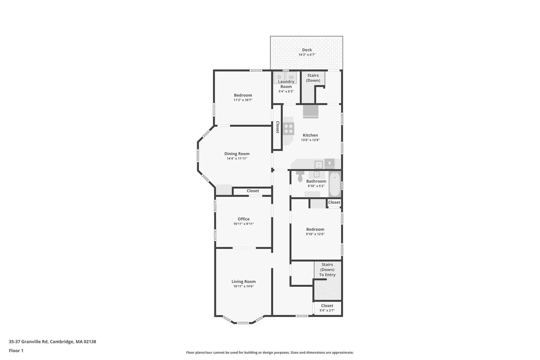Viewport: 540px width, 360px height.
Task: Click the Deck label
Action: coord(307,50)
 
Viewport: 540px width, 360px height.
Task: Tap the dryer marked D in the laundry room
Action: coord(279,78)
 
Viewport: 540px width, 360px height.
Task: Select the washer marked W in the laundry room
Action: coord(291,78)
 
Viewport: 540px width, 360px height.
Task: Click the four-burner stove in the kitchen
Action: coord(289,129)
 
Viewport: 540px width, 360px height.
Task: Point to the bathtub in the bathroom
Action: coord(335,185)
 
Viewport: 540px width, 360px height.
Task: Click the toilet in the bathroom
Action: coord(300,177)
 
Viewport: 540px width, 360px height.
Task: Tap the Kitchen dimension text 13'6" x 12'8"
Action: coord(310,140)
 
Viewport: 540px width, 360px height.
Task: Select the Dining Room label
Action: coord(237,154)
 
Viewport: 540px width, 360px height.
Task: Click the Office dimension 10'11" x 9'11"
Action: coord(243,224)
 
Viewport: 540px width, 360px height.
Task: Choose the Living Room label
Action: coord(243,281)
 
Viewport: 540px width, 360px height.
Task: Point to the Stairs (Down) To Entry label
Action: coord(327,270)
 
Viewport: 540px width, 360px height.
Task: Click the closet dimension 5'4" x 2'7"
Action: coord(327,310)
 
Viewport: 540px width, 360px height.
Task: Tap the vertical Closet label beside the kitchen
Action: coord(277,127)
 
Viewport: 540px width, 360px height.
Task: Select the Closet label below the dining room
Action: coord(253,191)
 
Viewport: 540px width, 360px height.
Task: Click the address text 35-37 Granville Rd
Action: coord(28,342)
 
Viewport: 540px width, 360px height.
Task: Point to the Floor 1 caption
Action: coord(16,351)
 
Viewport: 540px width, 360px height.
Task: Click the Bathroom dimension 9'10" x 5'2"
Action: coord(316,186)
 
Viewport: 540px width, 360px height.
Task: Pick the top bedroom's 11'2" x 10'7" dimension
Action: coord(243,100)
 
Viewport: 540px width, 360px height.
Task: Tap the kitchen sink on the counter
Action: coord(318,165)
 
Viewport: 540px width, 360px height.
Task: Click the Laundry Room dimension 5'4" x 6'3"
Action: coord(286,91)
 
